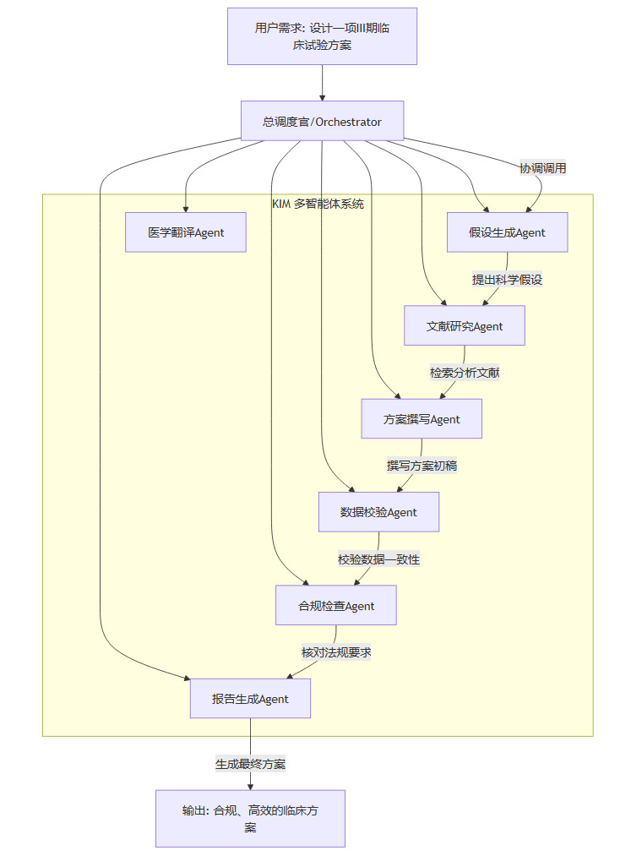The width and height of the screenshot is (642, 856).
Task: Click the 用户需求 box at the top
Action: pos(322,35)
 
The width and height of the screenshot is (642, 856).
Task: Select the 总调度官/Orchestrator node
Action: pos(322,122)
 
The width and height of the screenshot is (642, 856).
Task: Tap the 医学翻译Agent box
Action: pos(186,232)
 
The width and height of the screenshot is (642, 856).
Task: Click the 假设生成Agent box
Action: pos(507,232)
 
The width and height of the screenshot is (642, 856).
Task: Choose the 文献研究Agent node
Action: pos(465,326)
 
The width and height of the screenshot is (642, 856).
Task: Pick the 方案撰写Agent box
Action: pos(422,419)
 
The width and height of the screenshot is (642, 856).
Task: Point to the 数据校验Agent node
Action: pos(378,512)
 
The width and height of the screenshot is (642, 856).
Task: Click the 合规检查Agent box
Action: pos(336,606)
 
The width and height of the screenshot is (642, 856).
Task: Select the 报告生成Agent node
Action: pos(250,699)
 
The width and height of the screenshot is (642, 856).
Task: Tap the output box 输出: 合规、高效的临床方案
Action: pos(250,819)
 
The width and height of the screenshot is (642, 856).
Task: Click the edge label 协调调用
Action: pos(543,168)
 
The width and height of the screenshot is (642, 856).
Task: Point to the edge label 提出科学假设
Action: pos(507,280)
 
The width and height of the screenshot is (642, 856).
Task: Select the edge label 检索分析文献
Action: pos(465,373)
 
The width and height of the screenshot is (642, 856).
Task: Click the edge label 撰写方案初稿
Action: pos(422,466)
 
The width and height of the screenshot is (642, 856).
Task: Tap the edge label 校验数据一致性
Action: pos(379,559)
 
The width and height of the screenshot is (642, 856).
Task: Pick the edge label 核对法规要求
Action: pos(336,652)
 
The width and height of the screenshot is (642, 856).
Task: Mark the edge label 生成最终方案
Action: pos(250,764)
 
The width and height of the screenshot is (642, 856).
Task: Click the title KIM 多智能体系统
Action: pos(318,204)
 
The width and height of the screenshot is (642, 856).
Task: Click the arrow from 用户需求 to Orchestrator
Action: pos(322,83)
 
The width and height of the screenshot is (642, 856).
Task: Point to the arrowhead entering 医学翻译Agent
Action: pos(186,208)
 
